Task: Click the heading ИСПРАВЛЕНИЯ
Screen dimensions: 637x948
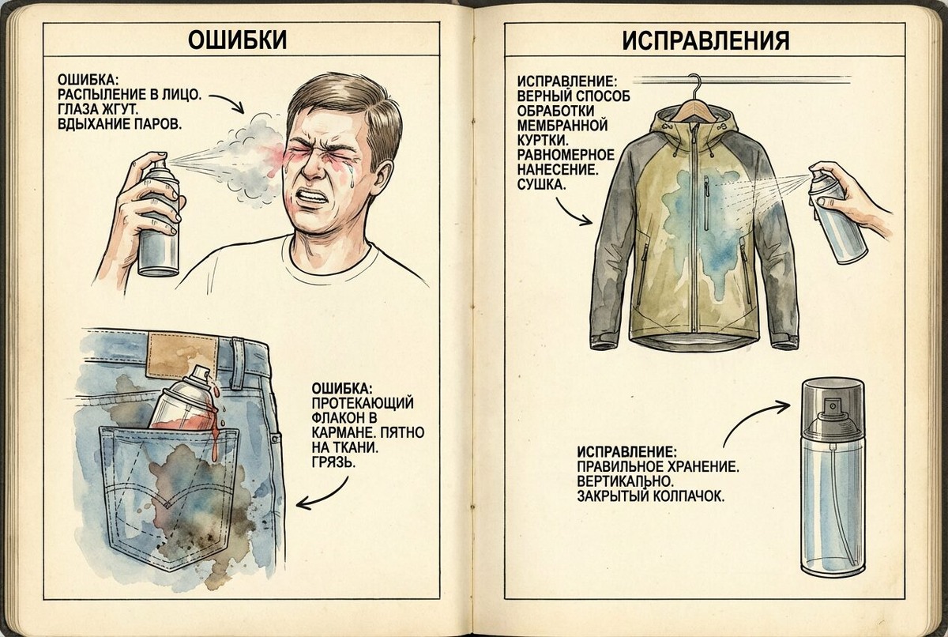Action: click(705, 40)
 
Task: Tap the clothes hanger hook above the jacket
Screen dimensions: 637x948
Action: click(695, 83)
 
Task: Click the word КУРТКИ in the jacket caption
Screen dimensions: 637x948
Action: click(541, 141)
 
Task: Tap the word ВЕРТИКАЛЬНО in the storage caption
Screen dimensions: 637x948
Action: click(625, 481)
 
